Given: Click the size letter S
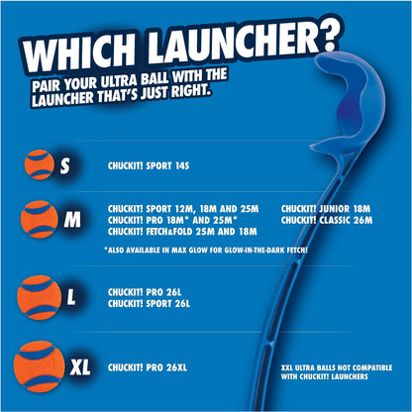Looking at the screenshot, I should tap(63, 165).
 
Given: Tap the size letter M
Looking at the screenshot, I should tap(71, 220).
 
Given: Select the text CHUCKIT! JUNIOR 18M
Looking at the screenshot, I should tap(326, 209).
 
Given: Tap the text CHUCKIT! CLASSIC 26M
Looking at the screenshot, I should tap(328, 220).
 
